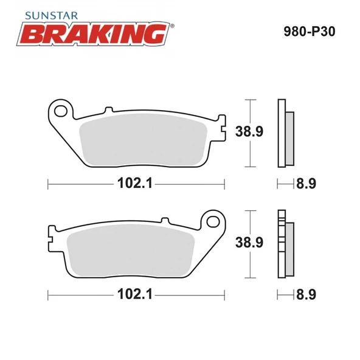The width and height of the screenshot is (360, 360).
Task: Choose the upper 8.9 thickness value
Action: tap(305, 183)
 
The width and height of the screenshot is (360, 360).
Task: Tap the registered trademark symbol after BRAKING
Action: tap(173, 26)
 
